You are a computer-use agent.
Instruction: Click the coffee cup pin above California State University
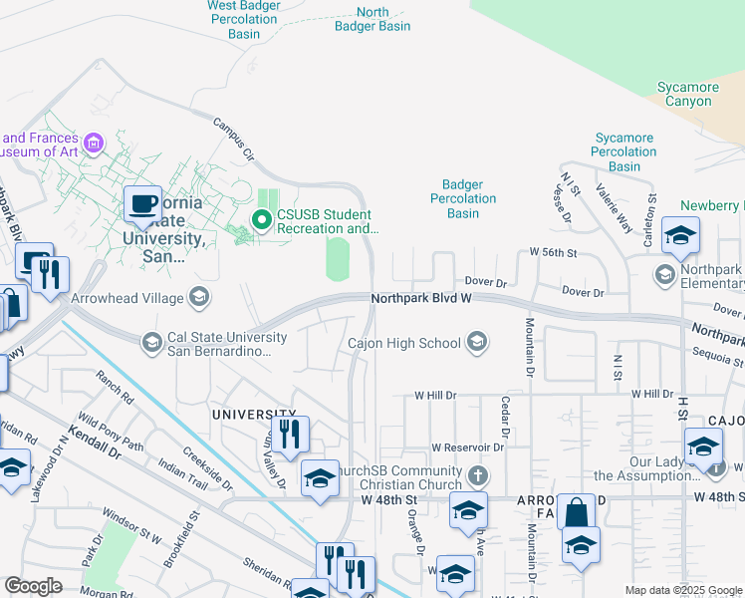(142, 204)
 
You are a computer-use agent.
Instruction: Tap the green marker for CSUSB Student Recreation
(262, 220)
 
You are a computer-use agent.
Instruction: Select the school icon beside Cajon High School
(477, 343)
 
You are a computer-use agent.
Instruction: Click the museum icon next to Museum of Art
(95, 145)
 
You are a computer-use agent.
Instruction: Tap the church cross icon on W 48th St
(478, 474)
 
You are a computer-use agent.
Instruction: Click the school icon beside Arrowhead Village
(199, 297)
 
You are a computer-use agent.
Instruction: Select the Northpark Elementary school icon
(665, 272)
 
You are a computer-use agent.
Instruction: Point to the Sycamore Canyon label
(688, 94)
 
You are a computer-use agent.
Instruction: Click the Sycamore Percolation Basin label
(624, 151)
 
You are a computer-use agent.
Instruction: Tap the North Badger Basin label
(371, 19)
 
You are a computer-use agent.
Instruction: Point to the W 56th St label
(553, 253)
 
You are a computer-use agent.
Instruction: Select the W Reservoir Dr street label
(467, 448)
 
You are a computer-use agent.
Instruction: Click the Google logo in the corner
(34, 586)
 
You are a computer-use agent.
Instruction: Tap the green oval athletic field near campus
(339, 259)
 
